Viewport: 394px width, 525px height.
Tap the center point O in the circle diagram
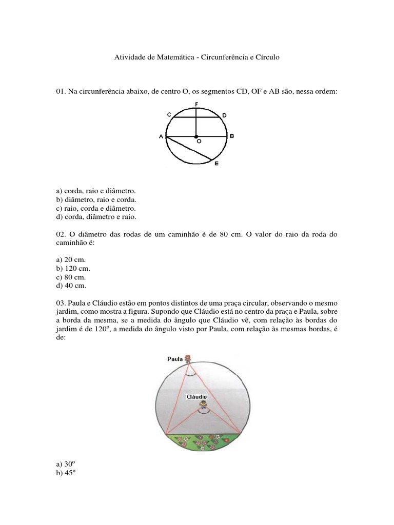tap(196, 137)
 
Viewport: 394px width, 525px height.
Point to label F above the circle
tap(196, 104)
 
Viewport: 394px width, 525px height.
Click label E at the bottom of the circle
tap(216, 164)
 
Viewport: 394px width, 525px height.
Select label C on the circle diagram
tap(168, 115)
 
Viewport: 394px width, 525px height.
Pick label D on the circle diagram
tap(224, 116)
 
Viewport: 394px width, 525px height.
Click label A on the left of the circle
tap(161, 136)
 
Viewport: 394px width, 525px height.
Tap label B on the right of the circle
tap(232, 136)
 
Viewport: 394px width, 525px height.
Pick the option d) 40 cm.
tap(71, 286)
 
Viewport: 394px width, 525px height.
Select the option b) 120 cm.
tap(73, 268)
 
